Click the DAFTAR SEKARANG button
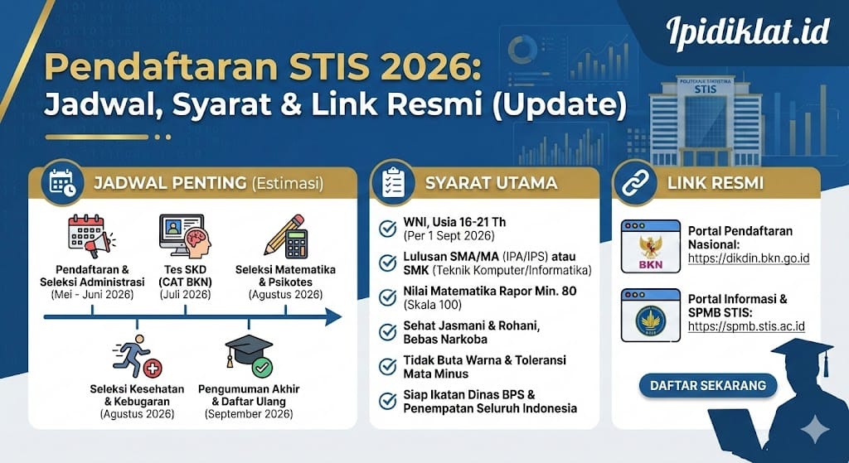[x=707, y=385]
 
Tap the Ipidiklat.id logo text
[x=747, y=31]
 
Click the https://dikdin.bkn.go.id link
[x=748, y=259]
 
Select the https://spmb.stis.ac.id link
[x=745, y=326]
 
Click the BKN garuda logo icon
[x=646, y=247]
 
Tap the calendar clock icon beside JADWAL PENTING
[x=62, y=183]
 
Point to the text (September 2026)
[x=249, y=413]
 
